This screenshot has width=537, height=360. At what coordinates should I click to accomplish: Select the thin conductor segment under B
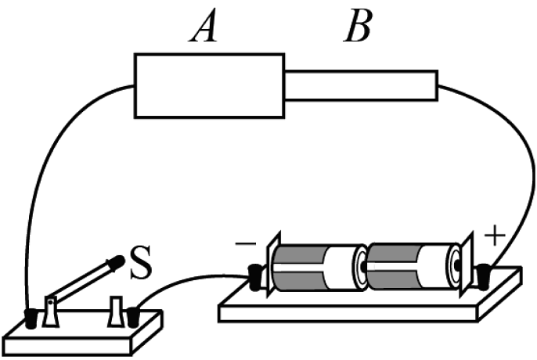360,85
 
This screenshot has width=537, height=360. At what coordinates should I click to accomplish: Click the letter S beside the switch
140,265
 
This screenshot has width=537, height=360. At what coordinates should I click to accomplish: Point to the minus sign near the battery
244,245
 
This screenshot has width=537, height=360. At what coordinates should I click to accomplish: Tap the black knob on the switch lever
118,262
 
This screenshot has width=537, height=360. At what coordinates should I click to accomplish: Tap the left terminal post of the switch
31,319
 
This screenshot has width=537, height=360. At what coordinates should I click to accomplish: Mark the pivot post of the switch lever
51,311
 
